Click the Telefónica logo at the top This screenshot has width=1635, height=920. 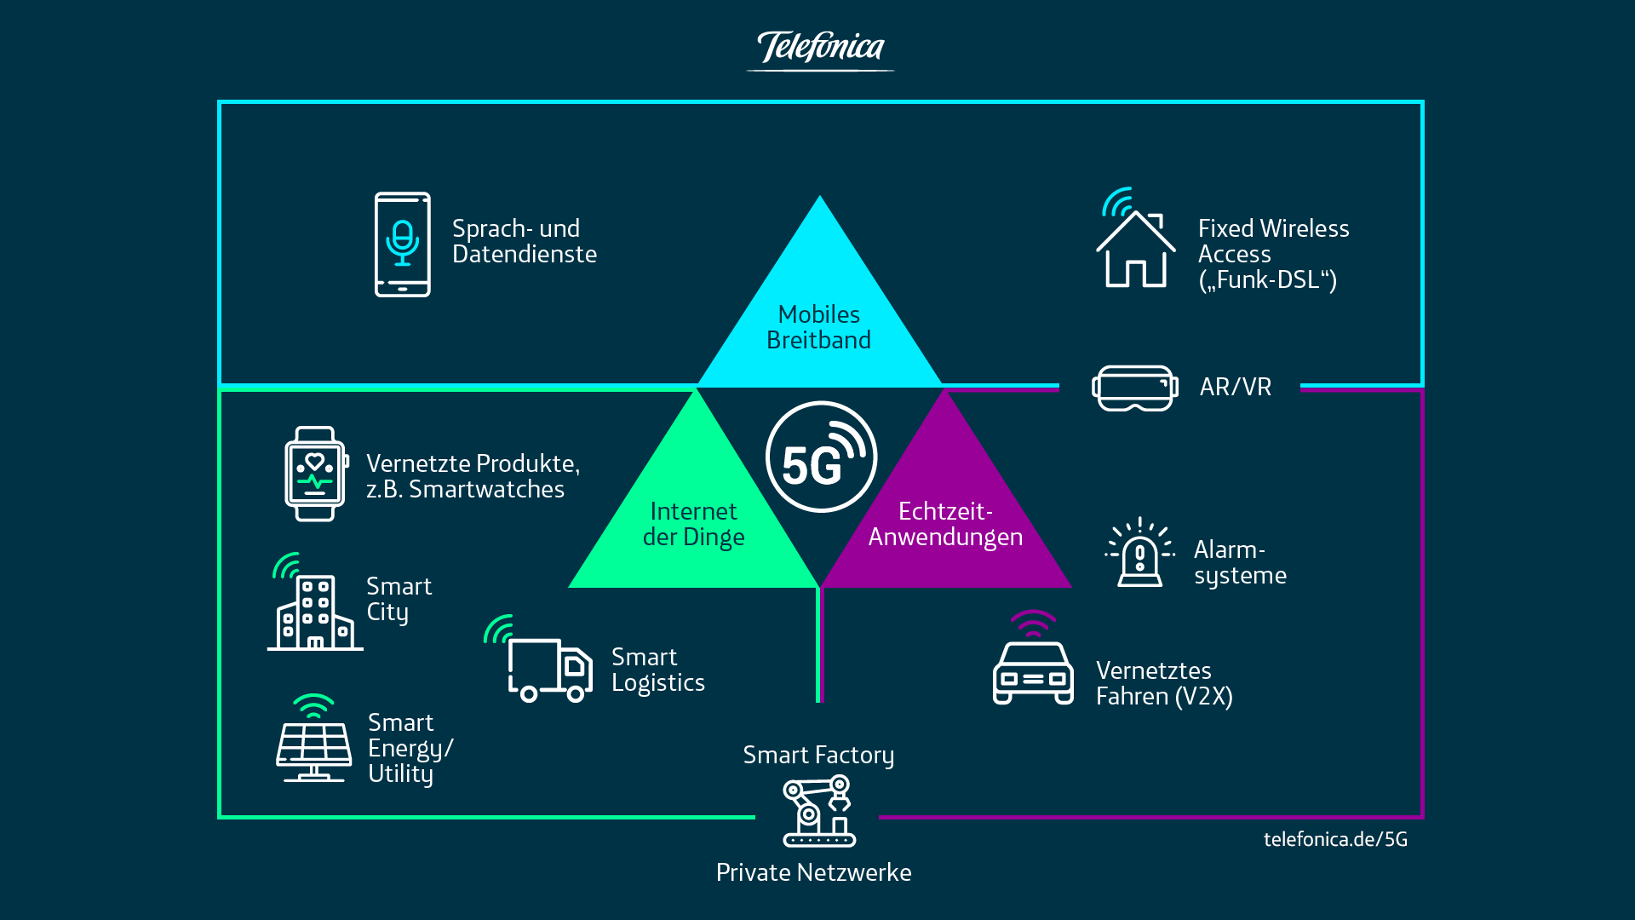820,49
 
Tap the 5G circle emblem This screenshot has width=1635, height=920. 821,457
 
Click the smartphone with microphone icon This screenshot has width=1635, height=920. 403,244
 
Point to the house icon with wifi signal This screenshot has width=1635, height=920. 1135,243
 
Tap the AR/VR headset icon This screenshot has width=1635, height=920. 1135,388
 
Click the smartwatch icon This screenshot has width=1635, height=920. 316,474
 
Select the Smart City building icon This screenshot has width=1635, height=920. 313,606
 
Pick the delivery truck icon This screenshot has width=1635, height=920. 545,664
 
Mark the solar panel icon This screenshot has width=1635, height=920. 314,743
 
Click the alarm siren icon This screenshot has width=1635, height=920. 1139,555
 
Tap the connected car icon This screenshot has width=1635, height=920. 1033,664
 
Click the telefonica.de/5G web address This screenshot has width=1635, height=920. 1335,840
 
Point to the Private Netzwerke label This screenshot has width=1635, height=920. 813,873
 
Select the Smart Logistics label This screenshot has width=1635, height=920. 657,670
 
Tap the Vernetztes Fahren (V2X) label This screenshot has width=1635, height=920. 1164,684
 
